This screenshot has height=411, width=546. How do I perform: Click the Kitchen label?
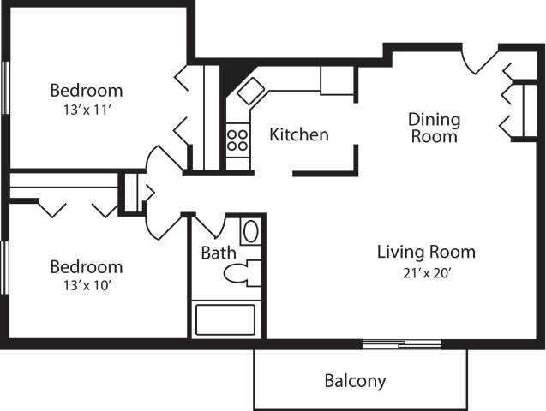click(x=299, y=134)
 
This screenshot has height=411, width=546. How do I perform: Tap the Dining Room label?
click(x=434, y=128)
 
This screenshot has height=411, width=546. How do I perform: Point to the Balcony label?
click(x=355, y=381)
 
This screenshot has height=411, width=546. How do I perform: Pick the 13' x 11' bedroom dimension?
click(x=86, y=109)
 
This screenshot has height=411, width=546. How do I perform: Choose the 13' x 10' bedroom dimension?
click(x=86, y=285)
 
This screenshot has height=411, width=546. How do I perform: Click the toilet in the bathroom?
click(x=241, y=273)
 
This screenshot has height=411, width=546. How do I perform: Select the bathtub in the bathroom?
click(x=225, y=319)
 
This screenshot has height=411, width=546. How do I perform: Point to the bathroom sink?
click(x=251, y=232)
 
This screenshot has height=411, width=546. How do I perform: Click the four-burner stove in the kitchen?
click(x=237, y=140)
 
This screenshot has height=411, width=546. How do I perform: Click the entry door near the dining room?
click(x=477, y=62)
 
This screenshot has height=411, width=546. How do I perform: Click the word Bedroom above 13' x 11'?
click(x=86, y=90)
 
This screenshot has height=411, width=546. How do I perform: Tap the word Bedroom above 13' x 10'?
click(x=86, y=266)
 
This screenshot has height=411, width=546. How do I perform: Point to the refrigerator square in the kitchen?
click(x=337, y=80)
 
